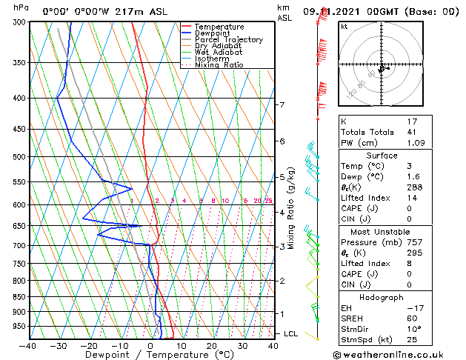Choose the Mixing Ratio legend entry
click(219, 65)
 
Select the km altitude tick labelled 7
click(282, 104)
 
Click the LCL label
click(291, 334)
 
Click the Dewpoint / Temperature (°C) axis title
click(150, 356)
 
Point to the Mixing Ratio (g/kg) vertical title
click(292, 208)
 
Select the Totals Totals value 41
click(413, 132)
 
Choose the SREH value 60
click(413, 319)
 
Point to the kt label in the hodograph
click(344, 27)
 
